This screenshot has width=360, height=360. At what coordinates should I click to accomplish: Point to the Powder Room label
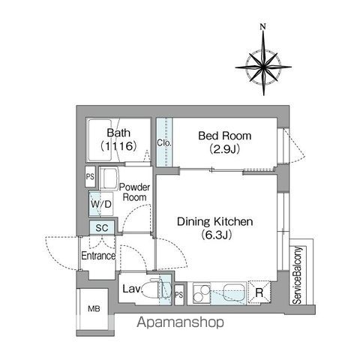(x=134, y=192)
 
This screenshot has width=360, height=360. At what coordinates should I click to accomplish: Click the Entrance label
(x=98, y=256)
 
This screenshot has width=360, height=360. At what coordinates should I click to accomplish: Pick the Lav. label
(x=133, y=289)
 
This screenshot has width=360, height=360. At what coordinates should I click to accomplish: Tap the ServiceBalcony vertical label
(x=298, y=275)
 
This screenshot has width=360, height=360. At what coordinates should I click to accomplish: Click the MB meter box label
(x=94, y=309)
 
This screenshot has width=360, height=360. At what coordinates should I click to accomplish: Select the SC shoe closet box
(x=102, y=228)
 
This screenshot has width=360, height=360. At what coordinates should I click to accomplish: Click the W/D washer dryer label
(x=101, y=204)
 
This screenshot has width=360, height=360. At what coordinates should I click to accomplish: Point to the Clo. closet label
(x=164, y=142)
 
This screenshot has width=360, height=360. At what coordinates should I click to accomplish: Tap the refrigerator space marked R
(x=259, y=292)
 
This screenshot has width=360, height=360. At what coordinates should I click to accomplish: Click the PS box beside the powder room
(x=90, y=176)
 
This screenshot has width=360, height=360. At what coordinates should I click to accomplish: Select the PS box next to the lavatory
(x=179, y=295)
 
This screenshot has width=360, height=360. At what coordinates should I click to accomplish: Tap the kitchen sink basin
(x=234, y=292)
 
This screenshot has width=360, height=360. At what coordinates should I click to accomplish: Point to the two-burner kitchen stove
(x=202, y=293)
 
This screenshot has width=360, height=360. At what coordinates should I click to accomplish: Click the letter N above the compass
(x=262, y=26)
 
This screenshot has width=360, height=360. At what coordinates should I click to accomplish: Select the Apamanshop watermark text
(x=180, y=322)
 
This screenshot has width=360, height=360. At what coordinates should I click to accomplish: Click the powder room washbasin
(x=109, y=178)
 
